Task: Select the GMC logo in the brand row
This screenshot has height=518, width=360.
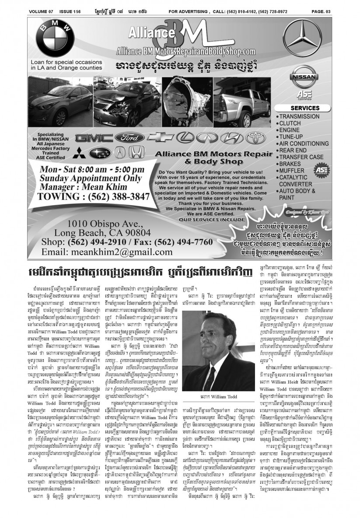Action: click(x=93, y=138)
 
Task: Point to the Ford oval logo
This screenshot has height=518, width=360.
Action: click(x=129, y=138)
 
